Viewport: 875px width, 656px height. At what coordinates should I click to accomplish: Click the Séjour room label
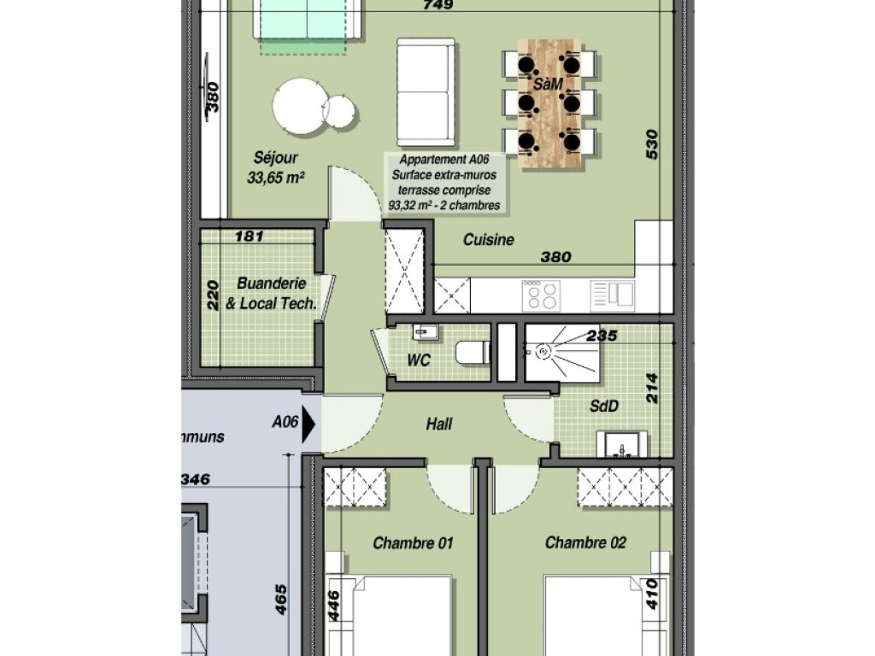coord(276,158)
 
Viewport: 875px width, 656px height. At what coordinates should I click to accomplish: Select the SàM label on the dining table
coord(548,84)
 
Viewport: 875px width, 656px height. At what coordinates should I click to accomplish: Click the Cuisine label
coord(489,240)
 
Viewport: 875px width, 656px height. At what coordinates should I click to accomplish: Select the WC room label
coord(418,361)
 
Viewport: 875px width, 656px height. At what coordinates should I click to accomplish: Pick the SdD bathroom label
coord(604,407)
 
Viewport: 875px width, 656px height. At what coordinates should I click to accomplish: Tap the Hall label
coord(439,424)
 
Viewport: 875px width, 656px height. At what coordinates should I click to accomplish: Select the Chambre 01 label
coord(413,542)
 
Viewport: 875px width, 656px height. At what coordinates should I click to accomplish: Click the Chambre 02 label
coord(585,542)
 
